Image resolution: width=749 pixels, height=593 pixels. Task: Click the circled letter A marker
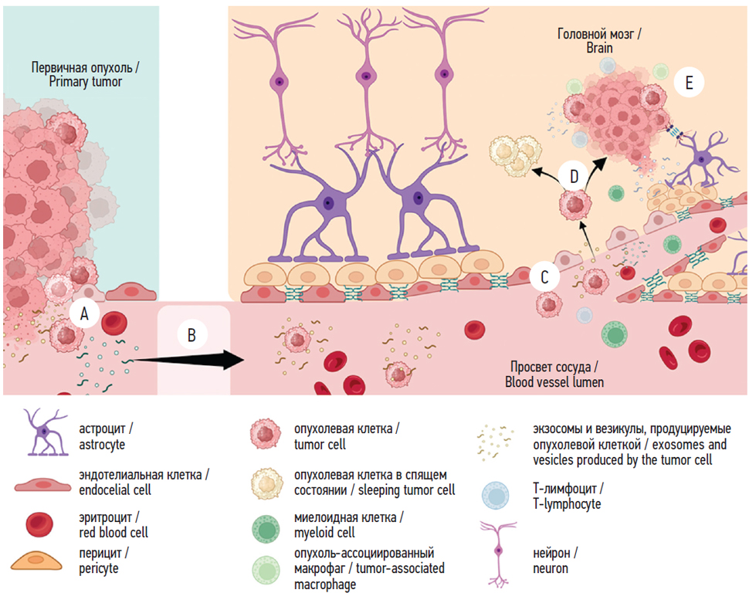tap(84, 313)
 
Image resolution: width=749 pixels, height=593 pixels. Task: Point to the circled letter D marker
tap(574, 176)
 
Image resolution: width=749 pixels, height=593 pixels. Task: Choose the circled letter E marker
tap(689, 83)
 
